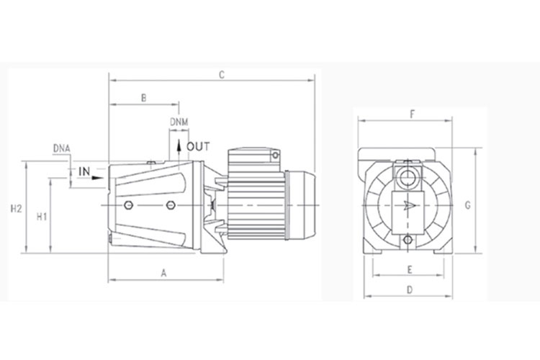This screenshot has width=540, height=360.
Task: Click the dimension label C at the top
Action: click(x=222, y=75)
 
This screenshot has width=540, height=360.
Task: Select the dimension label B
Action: click(x=144, y=98)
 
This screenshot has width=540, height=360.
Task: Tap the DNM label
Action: click(x=179, y=122)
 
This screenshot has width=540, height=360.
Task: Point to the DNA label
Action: click(x=62, y=148)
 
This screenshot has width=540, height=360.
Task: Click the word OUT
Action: click(x=198, y=147)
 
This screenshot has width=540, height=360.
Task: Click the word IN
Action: click(x=84, y=171)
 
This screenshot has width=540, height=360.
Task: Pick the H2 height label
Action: click(x=16, y=209)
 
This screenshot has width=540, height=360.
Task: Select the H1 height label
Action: click(x=42, y=217)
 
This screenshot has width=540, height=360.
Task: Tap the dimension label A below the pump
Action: click(x=164, y=273)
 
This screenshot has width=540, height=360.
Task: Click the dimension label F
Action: click(x=413, y=114)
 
